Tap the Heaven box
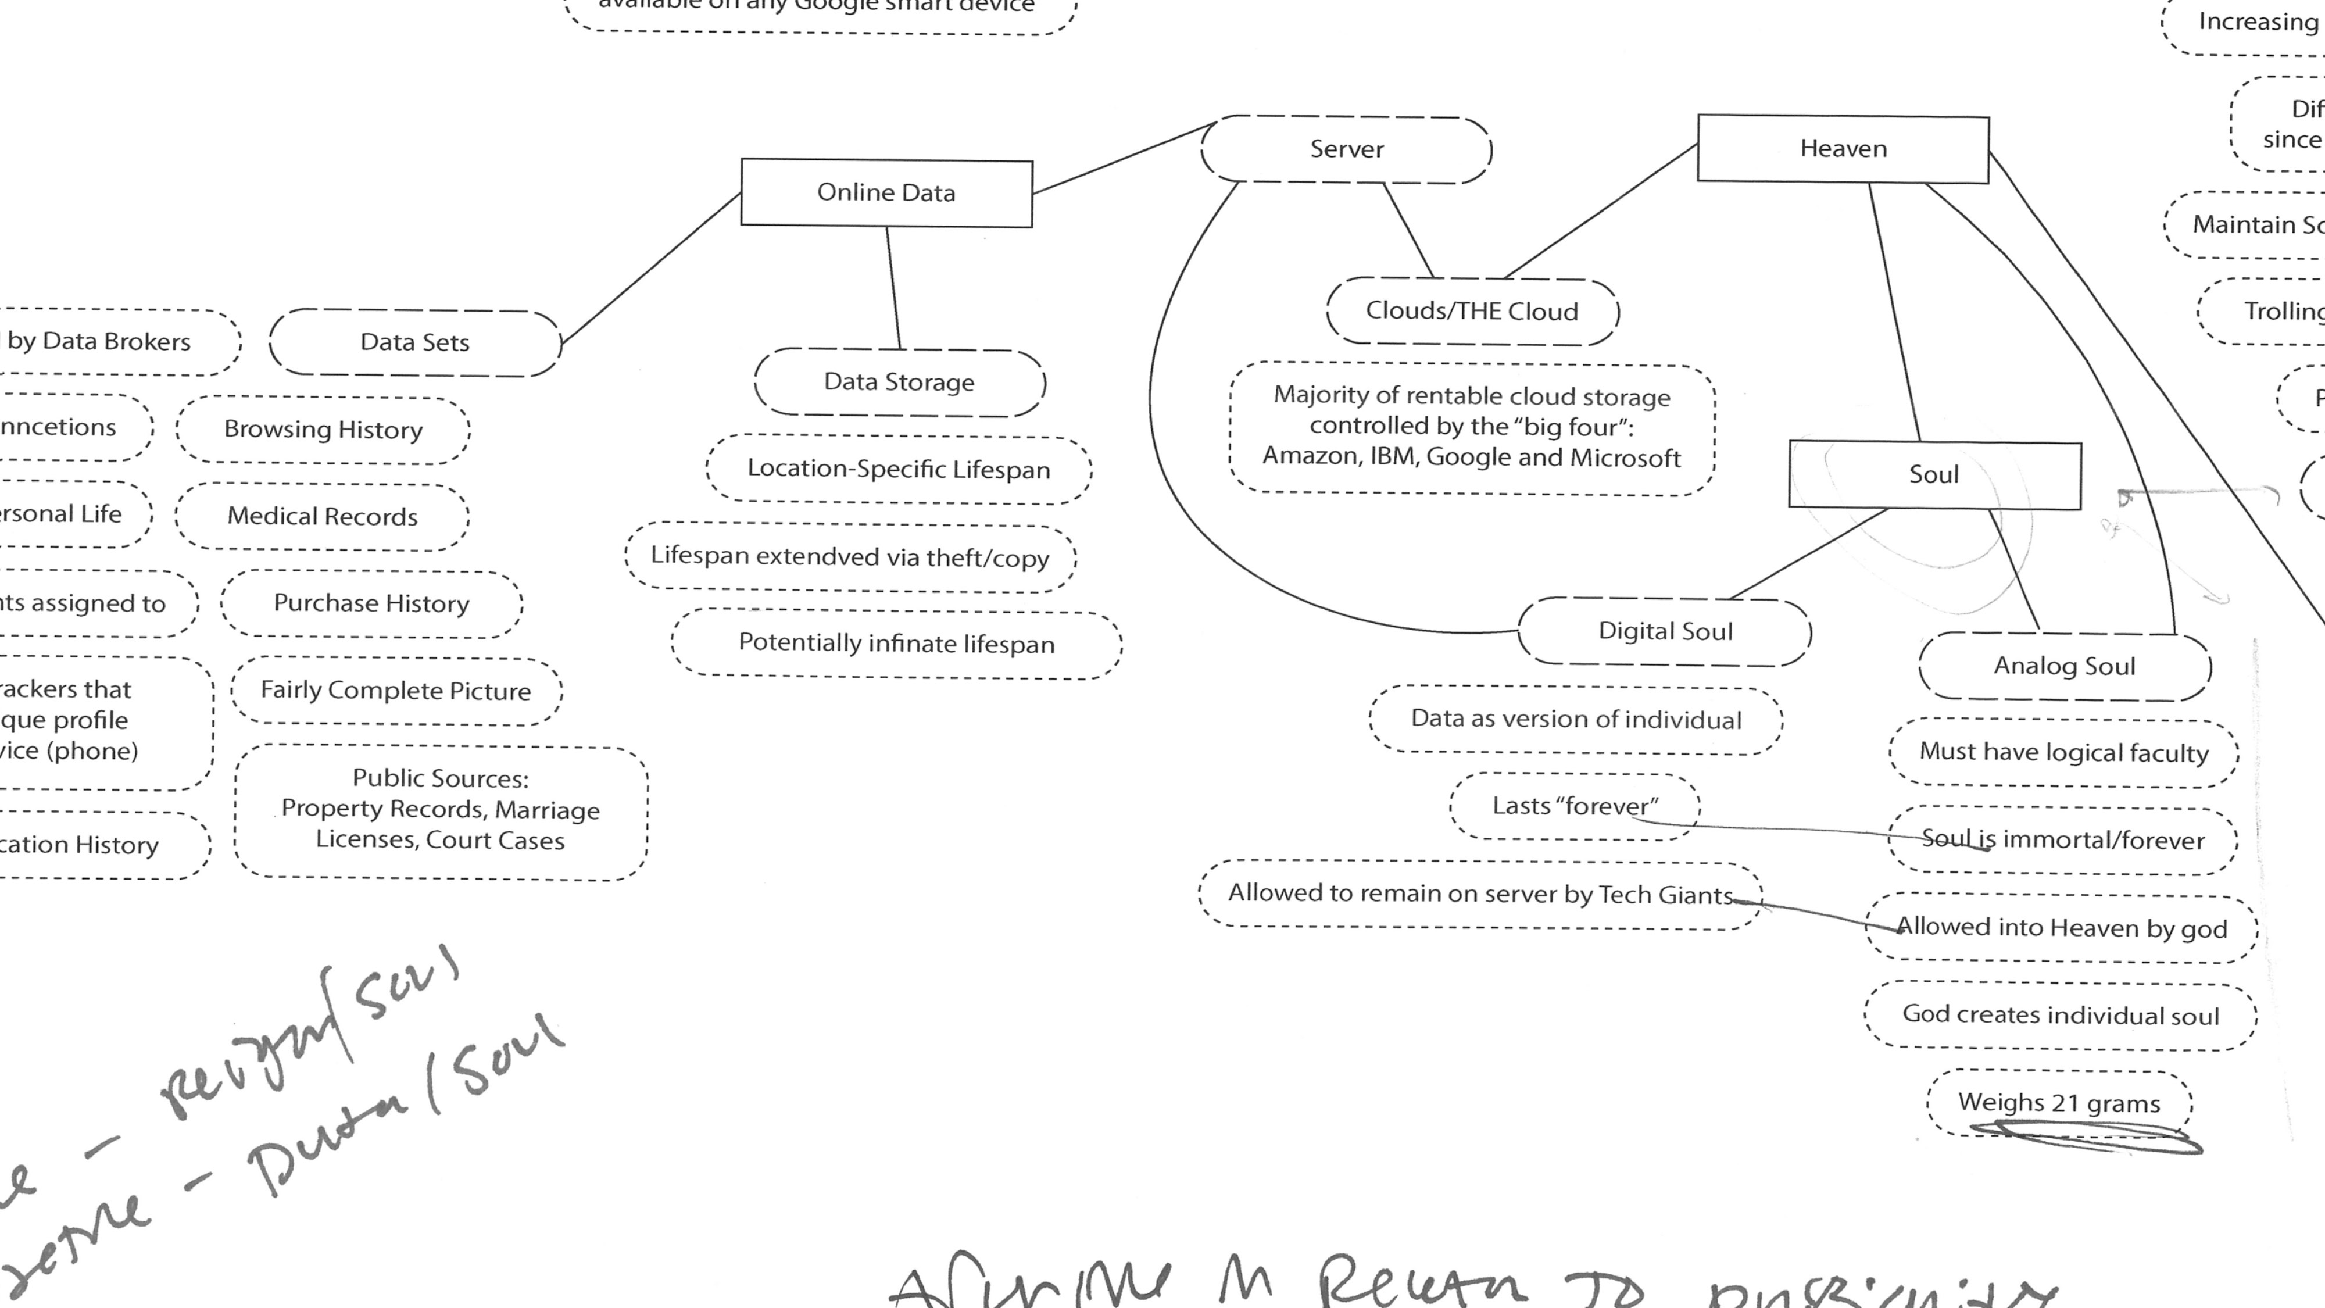tap(1843, 148)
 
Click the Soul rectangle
tap(1934, 475)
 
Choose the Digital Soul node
tap(1665, 631)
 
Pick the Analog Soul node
tap(2064, 666)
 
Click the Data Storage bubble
tap(899, 382)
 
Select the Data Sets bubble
tap(414, 342)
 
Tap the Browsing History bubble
tap(323, 429)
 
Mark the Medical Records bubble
tap(322, 516)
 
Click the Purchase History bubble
tap(371, 603)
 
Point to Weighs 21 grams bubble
tap(2059, 1103)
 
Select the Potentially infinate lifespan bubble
tap(896, 644)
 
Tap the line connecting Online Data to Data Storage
tap(893, 287)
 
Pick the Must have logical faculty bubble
tap(2063, 752)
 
